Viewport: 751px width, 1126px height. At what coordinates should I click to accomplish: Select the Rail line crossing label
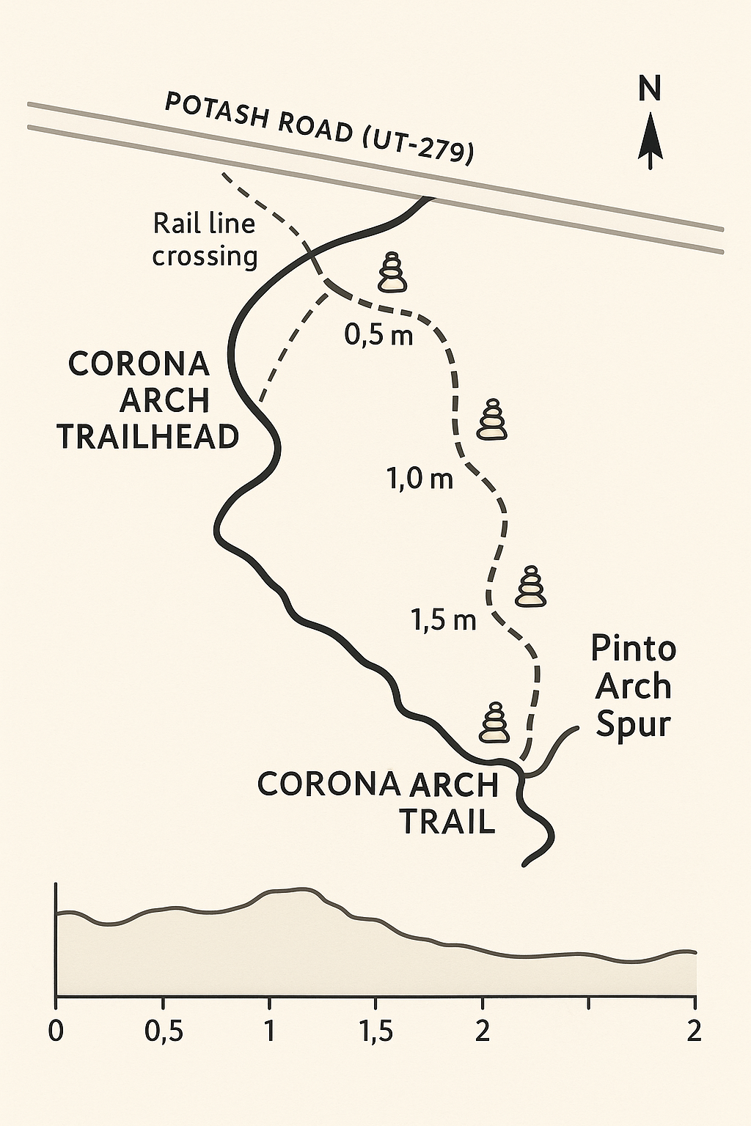click(x=205, y=240)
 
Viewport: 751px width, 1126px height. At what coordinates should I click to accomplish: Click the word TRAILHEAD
click(x=149, y=437)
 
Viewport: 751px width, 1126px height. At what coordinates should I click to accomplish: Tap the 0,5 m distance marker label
click(x=378, y=336)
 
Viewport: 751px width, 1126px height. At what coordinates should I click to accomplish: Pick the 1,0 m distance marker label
click(x=420, y=479)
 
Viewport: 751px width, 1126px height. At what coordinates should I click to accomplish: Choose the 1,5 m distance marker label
click(x=444, y=620)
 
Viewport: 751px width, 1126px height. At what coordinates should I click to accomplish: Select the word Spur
click(x=633, y=724)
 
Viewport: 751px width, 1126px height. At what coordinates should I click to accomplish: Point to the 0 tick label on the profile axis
click(x=56, y=1031)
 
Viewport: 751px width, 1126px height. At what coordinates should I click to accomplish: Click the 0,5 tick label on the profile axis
click(x=163, y=1031)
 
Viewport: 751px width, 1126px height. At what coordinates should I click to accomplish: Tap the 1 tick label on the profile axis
click(x=270, y=1031)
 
